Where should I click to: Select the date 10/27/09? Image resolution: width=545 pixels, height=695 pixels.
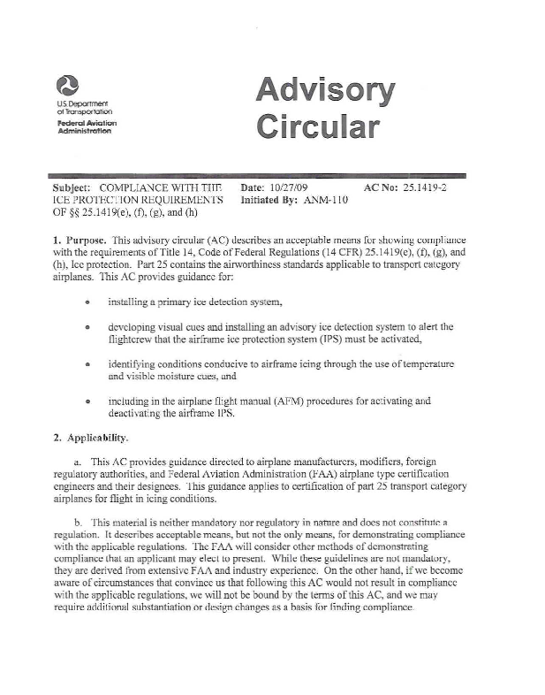[x=298, y=188]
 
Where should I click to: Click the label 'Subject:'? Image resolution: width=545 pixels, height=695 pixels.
[x=72, y=188]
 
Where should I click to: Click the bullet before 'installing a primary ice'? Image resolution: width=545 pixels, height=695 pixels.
[x=87, y=302]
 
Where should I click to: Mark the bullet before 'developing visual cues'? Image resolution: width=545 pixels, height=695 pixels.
[x=87, y=327]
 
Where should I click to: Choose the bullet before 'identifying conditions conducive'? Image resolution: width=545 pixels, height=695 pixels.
[x=87, y=364]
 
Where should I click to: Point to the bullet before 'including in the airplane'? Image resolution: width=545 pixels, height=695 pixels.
[x=87, y=401]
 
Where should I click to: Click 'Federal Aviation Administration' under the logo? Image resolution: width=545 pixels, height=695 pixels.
[x=86, y=126]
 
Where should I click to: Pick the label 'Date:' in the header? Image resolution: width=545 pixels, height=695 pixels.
[x=253, y=188]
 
